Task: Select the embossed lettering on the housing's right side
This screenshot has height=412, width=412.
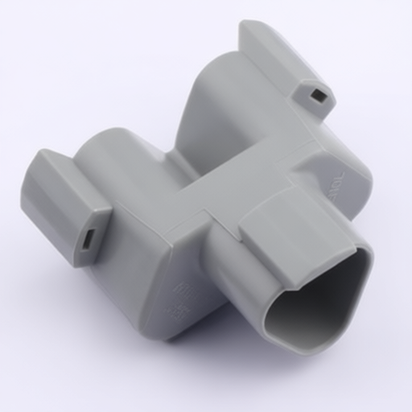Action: click(337, 184)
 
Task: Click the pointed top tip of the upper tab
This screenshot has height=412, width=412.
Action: click(243, 26)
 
